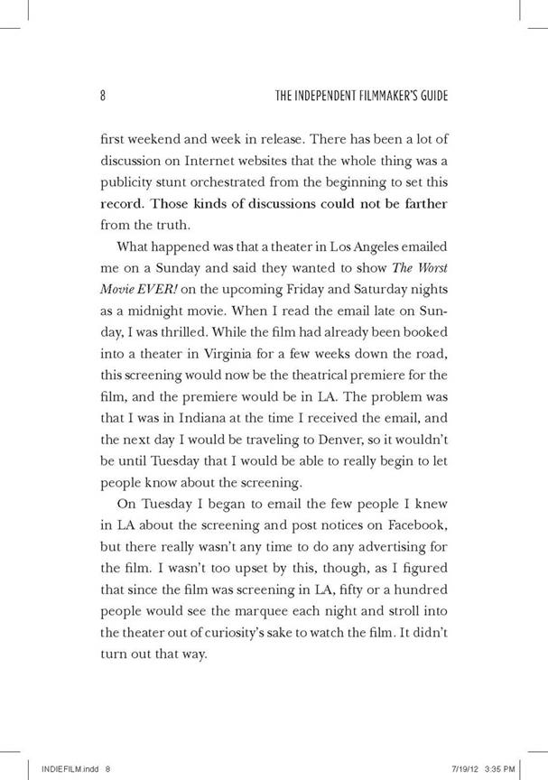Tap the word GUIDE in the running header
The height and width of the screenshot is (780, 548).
[x=430, y=96]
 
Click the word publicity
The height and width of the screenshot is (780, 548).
[x=123, y=185]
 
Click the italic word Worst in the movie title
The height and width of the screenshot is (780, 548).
[x=428, y=268]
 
